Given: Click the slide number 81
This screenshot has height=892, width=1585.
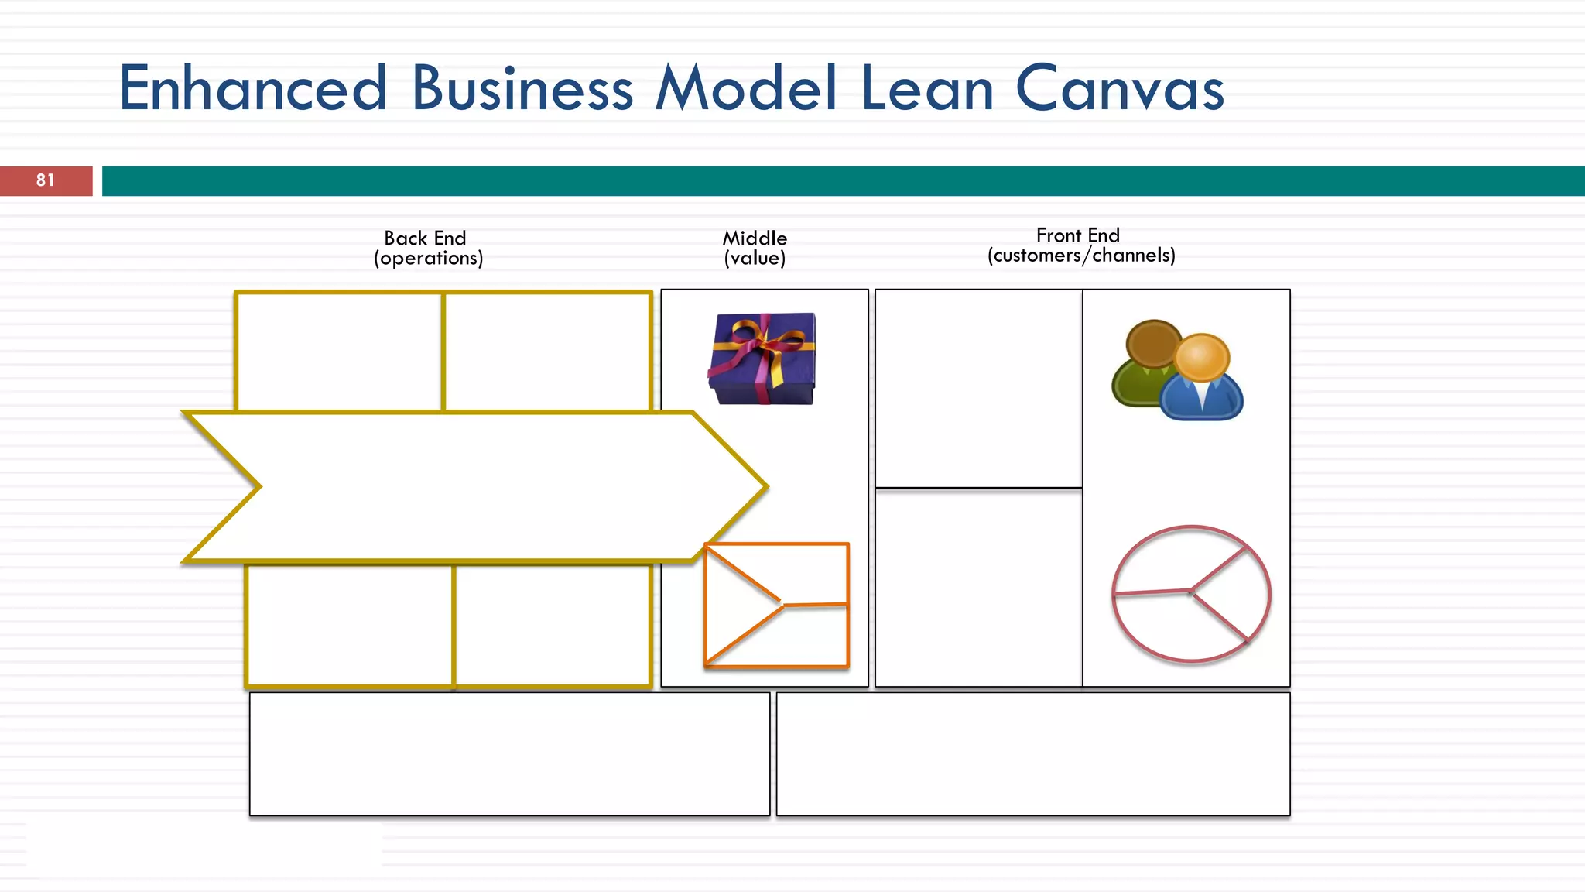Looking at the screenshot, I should pos(46,180).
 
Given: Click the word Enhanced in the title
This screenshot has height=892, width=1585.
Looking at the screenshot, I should pos(252,88).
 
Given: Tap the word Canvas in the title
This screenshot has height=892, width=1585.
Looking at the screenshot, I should pos(1119,88).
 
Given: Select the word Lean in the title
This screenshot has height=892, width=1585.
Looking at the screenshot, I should pos(926,88).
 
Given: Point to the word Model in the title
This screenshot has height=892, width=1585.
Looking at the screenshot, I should pos(747,88).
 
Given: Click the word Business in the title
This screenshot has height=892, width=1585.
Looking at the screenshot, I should pos(522,88).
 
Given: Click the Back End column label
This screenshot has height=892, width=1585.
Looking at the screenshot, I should pos(425,238).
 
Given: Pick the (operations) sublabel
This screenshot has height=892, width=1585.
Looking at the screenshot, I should pos(428,258).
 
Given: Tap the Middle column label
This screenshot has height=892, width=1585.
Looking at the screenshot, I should pos(755,238).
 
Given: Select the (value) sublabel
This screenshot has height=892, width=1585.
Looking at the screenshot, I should pos(755,258).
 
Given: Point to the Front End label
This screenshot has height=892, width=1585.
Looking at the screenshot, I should pos(1077,235).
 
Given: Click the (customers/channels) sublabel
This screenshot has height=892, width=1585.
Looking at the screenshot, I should pos(1081,256).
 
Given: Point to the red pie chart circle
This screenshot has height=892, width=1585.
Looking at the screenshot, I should pos(1191,594).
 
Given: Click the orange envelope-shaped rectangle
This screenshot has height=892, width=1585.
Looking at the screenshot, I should pos(776,605).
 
